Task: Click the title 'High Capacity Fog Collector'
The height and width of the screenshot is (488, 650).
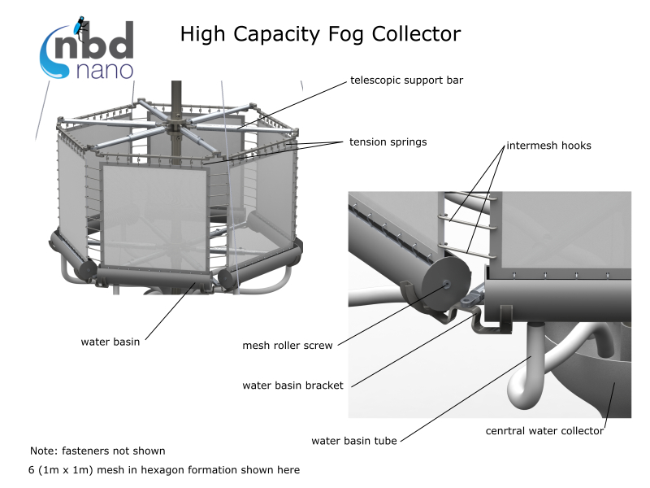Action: (x=320, y=34)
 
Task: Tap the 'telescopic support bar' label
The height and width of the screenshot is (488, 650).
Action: (x=406, y=80)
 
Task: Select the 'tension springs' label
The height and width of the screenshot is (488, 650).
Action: (x=388, y=142)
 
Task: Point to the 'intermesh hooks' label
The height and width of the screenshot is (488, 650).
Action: (x=549, y=146)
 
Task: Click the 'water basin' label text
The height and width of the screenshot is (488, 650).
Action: (x=110, y=342)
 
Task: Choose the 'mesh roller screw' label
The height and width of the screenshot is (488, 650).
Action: (x=288, y=345)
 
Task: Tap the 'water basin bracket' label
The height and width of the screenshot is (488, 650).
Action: (x=292, y=386)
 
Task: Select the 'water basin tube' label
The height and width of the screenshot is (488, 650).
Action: (x=354, y=441)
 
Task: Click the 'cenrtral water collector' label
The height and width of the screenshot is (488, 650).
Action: (x=544, y=431)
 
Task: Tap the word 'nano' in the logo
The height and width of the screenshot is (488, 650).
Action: (x=105, y=71)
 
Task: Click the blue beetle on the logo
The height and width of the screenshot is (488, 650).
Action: (x=80, y=27)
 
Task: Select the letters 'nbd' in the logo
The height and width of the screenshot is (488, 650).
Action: (x=94, y=41)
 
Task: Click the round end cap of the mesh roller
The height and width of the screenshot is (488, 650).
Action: (x=446, y=284)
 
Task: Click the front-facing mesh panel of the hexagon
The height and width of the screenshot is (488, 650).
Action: (x=154, y=216)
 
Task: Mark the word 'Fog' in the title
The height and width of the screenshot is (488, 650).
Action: (x=346, y=35)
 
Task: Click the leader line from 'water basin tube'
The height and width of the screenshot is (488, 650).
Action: (x=466, y=399)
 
